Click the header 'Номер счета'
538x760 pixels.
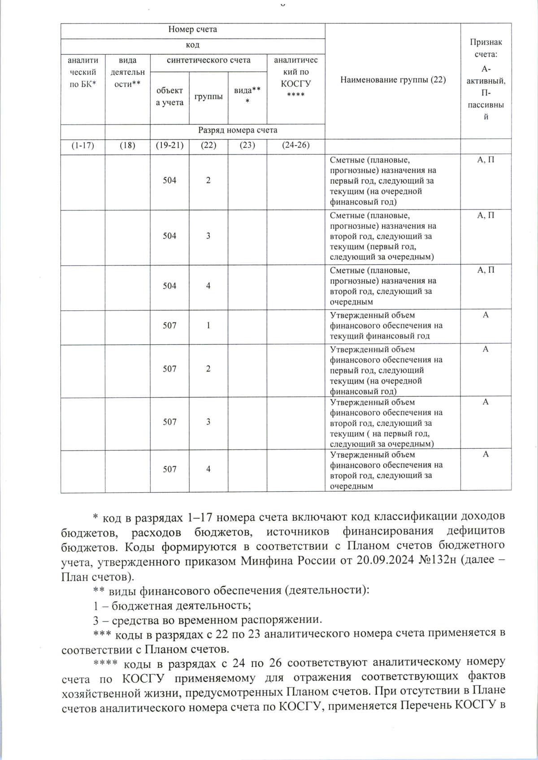[193, 30]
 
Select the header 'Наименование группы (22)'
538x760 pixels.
[393, 80]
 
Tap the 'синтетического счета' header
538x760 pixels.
[208, 60]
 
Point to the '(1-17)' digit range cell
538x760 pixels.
[83, 145]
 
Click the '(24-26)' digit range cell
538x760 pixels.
[295, 145]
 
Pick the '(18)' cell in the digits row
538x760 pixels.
[127, 145]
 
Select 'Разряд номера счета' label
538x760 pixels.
[238, 130]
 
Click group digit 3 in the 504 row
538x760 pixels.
[208, 236]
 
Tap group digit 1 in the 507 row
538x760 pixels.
[208, 326]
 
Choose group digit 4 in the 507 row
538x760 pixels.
[208, 469]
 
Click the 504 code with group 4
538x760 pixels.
[169, 286]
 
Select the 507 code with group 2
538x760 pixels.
[169, 369]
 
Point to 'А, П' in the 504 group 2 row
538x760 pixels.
[486, 160]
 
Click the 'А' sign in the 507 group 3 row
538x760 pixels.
[486, 402]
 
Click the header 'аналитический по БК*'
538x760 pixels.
[83, 72]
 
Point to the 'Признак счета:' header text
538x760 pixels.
[486, 48]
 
